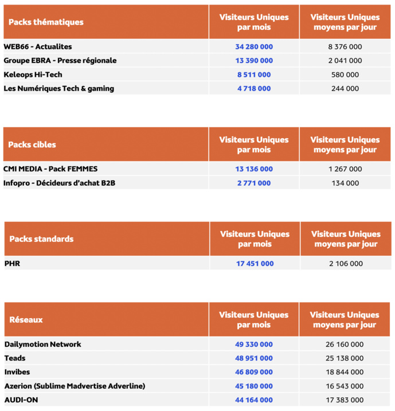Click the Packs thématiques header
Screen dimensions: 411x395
point(46,22)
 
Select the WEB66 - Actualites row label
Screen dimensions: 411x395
point(38,46)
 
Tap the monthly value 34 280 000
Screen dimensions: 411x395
point(253,46)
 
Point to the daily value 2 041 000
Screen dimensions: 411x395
point(345,61)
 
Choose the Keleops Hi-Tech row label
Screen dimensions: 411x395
point(33,75)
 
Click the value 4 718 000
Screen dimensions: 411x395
point(253,89)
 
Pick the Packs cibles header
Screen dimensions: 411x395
point(32,144)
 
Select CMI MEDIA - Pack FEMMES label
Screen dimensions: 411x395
point(50,169)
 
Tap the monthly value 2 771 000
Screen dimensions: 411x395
point(253,183)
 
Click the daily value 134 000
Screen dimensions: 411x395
point(345,183)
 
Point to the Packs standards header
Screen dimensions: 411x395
point(41,239)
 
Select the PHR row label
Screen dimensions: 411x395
point(13,264)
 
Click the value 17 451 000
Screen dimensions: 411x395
point(255,264)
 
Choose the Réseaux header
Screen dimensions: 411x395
point(26,320)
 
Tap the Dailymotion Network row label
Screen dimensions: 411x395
point(43,345)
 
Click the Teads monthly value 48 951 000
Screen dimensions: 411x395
point(253,358)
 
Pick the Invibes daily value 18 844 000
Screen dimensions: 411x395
point(345,373)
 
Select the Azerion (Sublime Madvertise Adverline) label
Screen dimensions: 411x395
point(75,386)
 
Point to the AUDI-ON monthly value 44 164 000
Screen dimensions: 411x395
point(253,400)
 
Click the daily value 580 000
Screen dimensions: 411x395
point(345,75)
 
